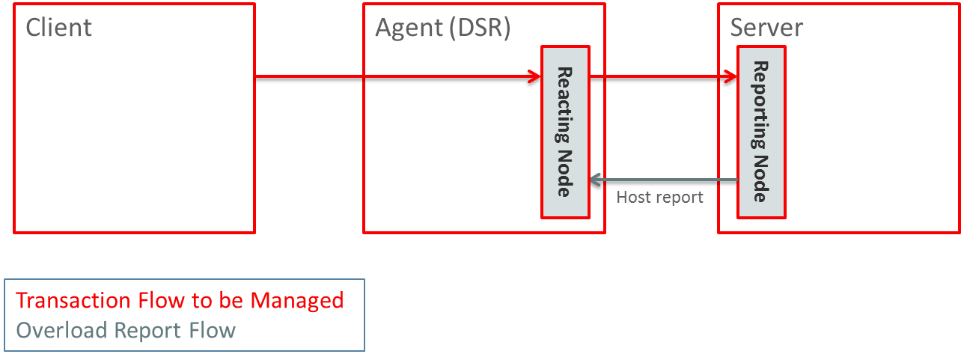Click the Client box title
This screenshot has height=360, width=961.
point(58,28)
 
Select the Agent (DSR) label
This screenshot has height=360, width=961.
point(442,28)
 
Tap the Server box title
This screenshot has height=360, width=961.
point(765,28)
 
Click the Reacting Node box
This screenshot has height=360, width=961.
point(565,132)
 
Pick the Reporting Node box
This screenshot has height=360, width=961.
point(761,132)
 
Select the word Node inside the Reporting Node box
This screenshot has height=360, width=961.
point(761,180)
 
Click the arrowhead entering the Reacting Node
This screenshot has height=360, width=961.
point(534,78)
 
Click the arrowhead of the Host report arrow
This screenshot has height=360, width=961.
point(597,181)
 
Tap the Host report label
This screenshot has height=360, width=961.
point(658,198)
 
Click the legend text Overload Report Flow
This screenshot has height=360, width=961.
point(126,330)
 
